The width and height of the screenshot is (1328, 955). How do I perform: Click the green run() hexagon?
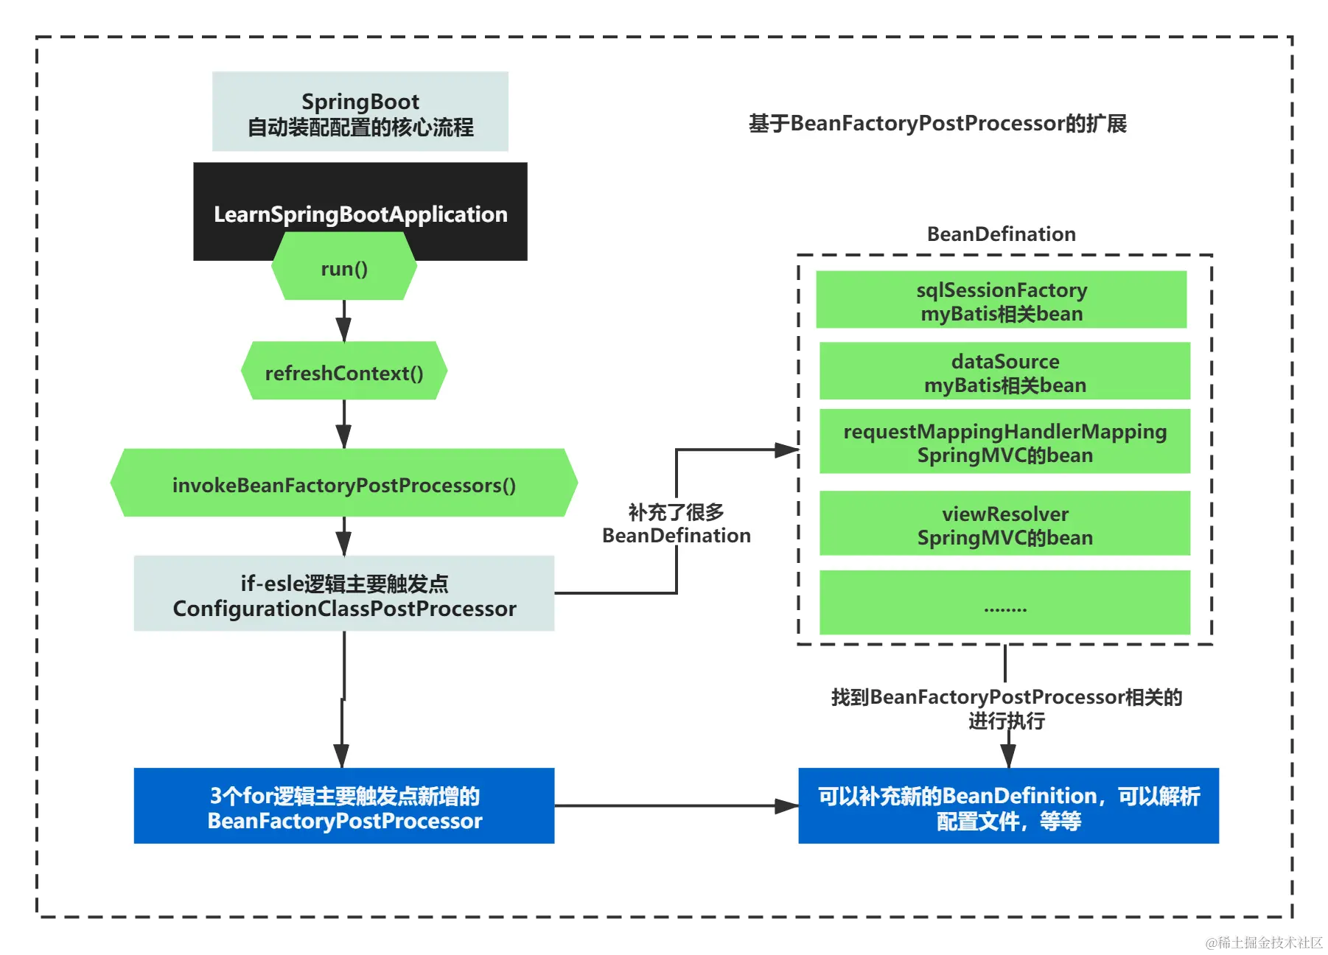pyautogui.click(x=344, y=268)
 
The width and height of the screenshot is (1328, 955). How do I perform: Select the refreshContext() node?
pyautogui.click(x=344, y=372)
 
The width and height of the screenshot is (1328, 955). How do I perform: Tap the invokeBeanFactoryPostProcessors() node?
pyautogui.click(x=344, y=484)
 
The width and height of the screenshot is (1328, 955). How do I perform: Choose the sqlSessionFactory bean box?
pyautogui.click(x=1002, y=301)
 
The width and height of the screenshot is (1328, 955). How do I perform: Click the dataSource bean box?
pyautogui.click(x=1004, y=372)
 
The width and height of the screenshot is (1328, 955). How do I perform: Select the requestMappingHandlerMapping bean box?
pyautogui.click(x=1004, y=442)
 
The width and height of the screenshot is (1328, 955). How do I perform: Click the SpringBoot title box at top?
pyautogui.click(x=360, y=112)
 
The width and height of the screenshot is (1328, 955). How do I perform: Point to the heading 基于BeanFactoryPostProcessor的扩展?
pyautogui.click(x=937, y=123)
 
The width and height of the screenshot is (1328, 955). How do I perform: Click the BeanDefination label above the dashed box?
pyautogui.click(x=1002, y=234)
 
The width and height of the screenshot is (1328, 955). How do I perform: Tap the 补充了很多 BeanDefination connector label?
pyautogui.click(x=677, y=523)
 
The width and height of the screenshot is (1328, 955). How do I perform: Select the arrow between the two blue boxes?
pyautogui.click(x=676, y=806)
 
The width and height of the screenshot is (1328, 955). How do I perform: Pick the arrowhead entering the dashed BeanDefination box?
pyautogui.click(x=787, y=449)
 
